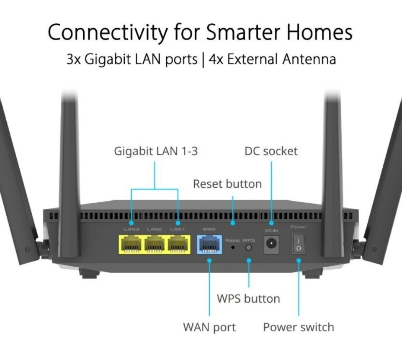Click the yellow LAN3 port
click(x=131, y=245)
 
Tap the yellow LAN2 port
click(x=154, y=245)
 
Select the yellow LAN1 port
click(x=178, y=245)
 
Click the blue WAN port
click(x=209, y=245)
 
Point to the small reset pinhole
click(x=233, y=248)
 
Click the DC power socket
click(x=271, y=245)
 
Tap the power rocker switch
click(x=299, y=243)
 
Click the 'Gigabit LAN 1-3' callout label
click(x=156, y=152)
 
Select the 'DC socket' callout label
click(x=271, y=151)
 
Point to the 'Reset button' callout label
click(x=227, y=184)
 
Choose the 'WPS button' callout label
click(x=248, y=299)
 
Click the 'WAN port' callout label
click(x=209, y=327)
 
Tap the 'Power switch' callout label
click(x=299, y=327)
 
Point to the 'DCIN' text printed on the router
click(x=271, y=231)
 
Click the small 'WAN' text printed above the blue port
click(x=209, y=229)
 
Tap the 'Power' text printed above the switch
click(x=299, y=227)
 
